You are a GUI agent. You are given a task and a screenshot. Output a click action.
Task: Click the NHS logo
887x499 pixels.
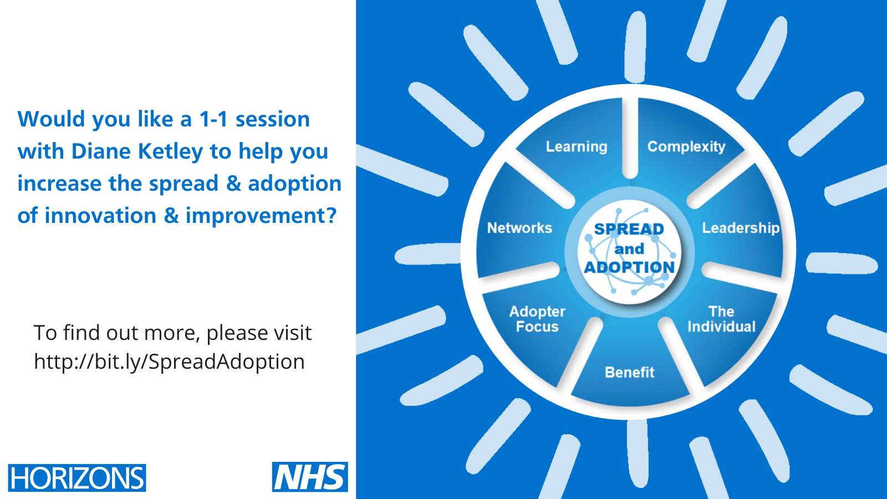(310, 477)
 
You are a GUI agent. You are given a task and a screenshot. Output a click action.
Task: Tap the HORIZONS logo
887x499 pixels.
(77, 478)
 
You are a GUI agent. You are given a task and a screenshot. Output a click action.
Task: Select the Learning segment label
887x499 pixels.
(577, 147)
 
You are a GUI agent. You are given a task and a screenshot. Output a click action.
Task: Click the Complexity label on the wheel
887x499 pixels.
(686, 147)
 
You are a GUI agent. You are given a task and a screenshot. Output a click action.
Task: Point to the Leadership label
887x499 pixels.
(741, 228)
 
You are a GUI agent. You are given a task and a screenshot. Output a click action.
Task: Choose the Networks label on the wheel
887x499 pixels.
(519, 228)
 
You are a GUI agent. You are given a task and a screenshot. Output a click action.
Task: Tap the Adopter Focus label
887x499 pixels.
(537, 319)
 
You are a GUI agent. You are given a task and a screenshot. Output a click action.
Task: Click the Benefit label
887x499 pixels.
(630, 372)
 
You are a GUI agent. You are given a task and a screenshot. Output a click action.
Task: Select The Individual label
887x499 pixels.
(721, 319)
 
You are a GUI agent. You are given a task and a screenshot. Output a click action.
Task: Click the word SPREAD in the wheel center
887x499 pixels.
(629, 230)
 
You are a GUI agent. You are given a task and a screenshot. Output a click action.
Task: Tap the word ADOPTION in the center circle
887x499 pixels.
(629, 267)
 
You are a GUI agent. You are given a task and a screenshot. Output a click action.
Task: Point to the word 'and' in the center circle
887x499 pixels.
(629, 249)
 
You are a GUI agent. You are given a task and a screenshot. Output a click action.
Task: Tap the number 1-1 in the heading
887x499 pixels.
(213, 119)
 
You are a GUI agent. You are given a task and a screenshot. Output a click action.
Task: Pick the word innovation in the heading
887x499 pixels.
(100, 216)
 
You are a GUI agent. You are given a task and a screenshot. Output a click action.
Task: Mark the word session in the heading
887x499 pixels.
(272, 119)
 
